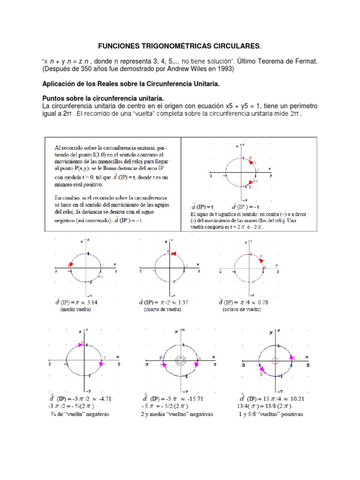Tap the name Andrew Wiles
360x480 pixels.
click(185, 69)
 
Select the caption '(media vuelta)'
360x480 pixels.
click(75, 310)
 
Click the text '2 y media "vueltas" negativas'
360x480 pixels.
click(177, 414)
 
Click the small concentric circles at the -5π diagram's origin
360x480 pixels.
click(180, 360)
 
